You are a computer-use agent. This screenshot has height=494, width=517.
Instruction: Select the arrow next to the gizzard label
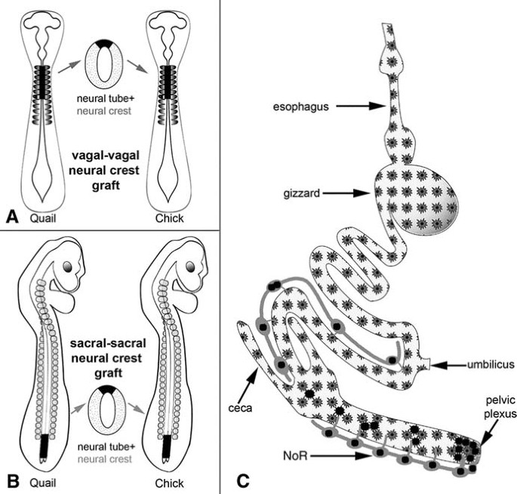click(x=346, y=193)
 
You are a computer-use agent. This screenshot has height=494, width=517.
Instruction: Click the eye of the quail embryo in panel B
click(x=68, y=267)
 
